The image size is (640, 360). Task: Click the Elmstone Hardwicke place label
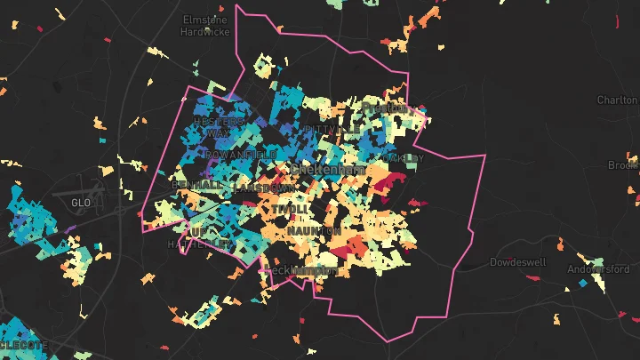pyautogui.click(x=205, y=25)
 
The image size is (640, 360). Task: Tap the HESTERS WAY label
pyautogui.click(x=218, y=126)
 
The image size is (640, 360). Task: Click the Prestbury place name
pyautogui.click(x=384, y=108)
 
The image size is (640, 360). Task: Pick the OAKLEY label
pyautogui.click(x=404, y=157)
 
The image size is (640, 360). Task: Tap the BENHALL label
pyautogui.click(x=198, y=185)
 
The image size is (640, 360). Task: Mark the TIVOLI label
pyautogui.click(x=290, y=209)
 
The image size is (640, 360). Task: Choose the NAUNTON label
pyautogui.click(x=314, y=231)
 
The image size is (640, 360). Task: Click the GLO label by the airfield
pyautogui.click(x=80, y=203)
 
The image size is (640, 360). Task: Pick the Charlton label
pyautogui.click(x=617, y=100)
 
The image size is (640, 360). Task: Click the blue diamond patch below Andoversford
pyautogui.click(x=582, y=284)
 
